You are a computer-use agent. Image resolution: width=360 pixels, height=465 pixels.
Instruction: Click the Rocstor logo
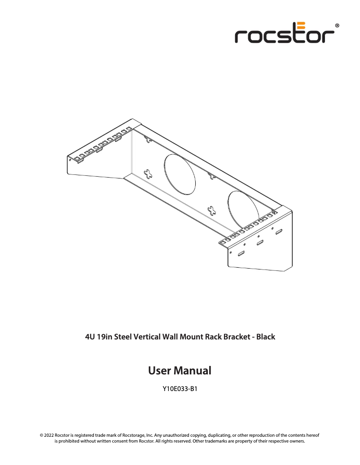point(285,33)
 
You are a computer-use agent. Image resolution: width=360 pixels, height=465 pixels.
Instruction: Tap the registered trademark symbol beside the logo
point(337,26)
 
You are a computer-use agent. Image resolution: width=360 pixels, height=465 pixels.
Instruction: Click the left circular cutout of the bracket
point(180,174)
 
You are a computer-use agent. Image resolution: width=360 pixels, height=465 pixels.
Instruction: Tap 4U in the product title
point(90,336)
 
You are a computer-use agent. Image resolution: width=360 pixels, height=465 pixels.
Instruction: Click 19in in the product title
point(105,336)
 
